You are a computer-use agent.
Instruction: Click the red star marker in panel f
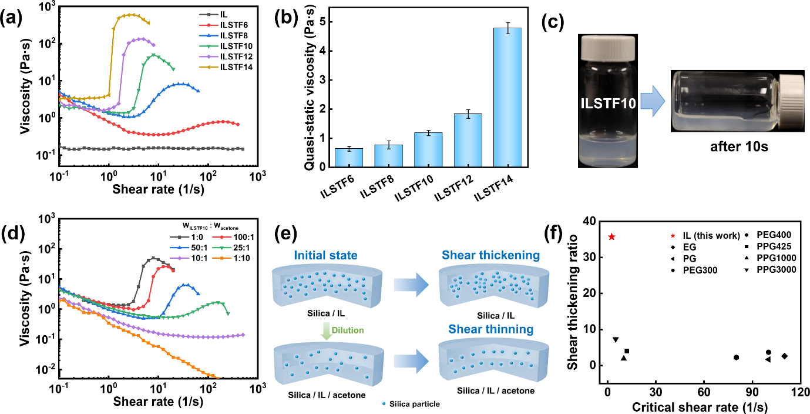[611, 236]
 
